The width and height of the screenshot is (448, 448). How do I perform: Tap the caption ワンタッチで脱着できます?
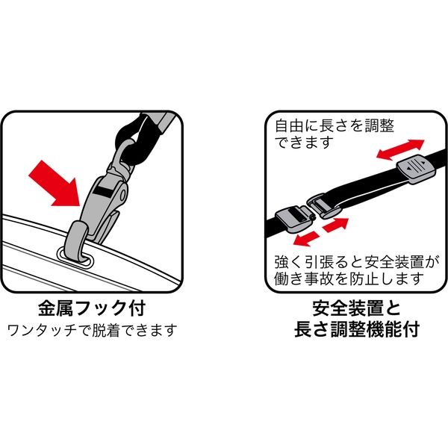click(x=92, y=330)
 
